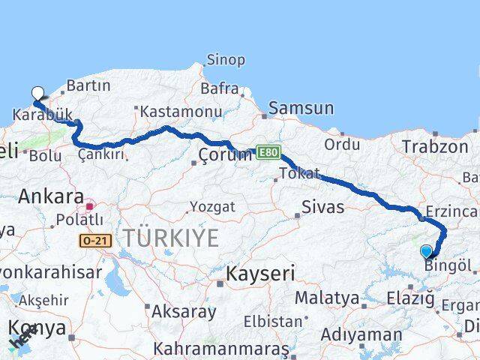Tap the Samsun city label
(x=301, y=107)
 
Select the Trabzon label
(x=435, y=146)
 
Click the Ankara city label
(x=51, y=196)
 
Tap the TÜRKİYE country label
(x=171, y=238)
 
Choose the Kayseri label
(x=261, y=273)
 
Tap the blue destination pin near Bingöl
(x=427, y=252)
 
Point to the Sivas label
(x=323, y=206)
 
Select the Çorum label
(x=225, y=154)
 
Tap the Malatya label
(x=326, y=298)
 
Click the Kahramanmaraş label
(x=221, y=349)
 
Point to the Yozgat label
(x=212, y=206)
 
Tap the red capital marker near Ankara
(x=90, y=205)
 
